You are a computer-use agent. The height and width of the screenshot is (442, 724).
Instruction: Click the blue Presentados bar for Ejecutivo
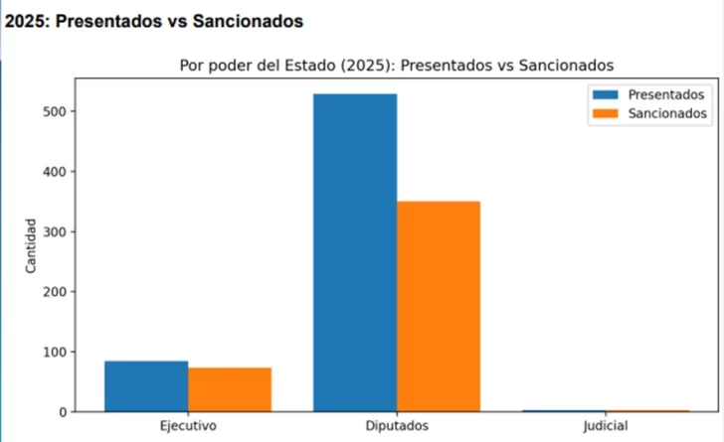click(x=146, y=385)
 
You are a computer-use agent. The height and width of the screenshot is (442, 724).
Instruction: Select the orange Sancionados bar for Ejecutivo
click(x=230, y=389)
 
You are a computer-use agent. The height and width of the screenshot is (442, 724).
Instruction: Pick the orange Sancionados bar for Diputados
click(x=439, y=306)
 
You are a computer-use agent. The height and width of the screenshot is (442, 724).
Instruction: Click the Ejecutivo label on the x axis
click(x=188, y=426)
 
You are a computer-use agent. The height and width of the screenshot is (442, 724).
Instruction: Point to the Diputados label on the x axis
click(x=397, y=426)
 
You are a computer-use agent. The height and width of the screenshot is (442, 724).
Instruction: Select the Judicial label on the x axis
click(x=606, y=426)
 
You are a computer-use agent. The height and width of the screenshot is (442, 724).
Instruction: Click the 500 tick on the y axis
click(x=55, y=111)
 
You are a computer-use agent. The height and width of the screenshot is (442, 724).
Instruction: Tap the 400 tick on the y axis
click(x=55, y=172)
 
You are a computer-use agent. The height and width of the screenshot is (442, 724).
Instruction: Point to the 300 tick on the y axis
click(x=55, y=231)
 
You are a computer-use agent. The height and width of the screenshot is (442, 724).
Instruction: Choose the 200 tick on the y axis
click(x=55, y=292)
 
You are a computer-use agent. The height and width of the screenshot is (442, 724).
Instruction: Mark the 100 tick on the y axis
click(x=55, y=352)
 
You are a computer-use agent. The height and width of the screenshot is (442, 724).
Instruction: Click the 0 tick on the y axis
click(x=62, y=411)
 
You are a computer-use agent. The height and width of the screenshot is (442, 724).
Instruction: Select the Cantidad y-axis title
click(x=31, y=245)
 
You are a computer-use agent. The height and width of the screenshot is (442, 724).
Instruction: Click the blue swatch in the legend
click(x=605, y=94)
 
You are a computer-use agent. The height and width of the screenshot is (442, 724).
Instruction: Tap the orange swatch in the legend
click(x=605, y=113)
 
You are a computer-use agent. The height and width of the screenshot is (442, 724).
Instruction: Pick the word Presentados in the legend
click(x=666, y=94)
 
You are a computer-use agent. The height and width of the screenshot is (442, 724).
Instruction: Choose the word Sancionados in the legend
click(x=667, y=113)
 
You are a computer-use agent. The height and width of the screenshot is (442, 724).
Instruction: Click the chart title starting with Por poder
click(x=397, y=65)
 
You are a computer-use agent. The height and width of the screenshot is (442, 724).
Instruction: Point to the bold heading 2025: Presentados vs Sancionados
click(x=155, y=20)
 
